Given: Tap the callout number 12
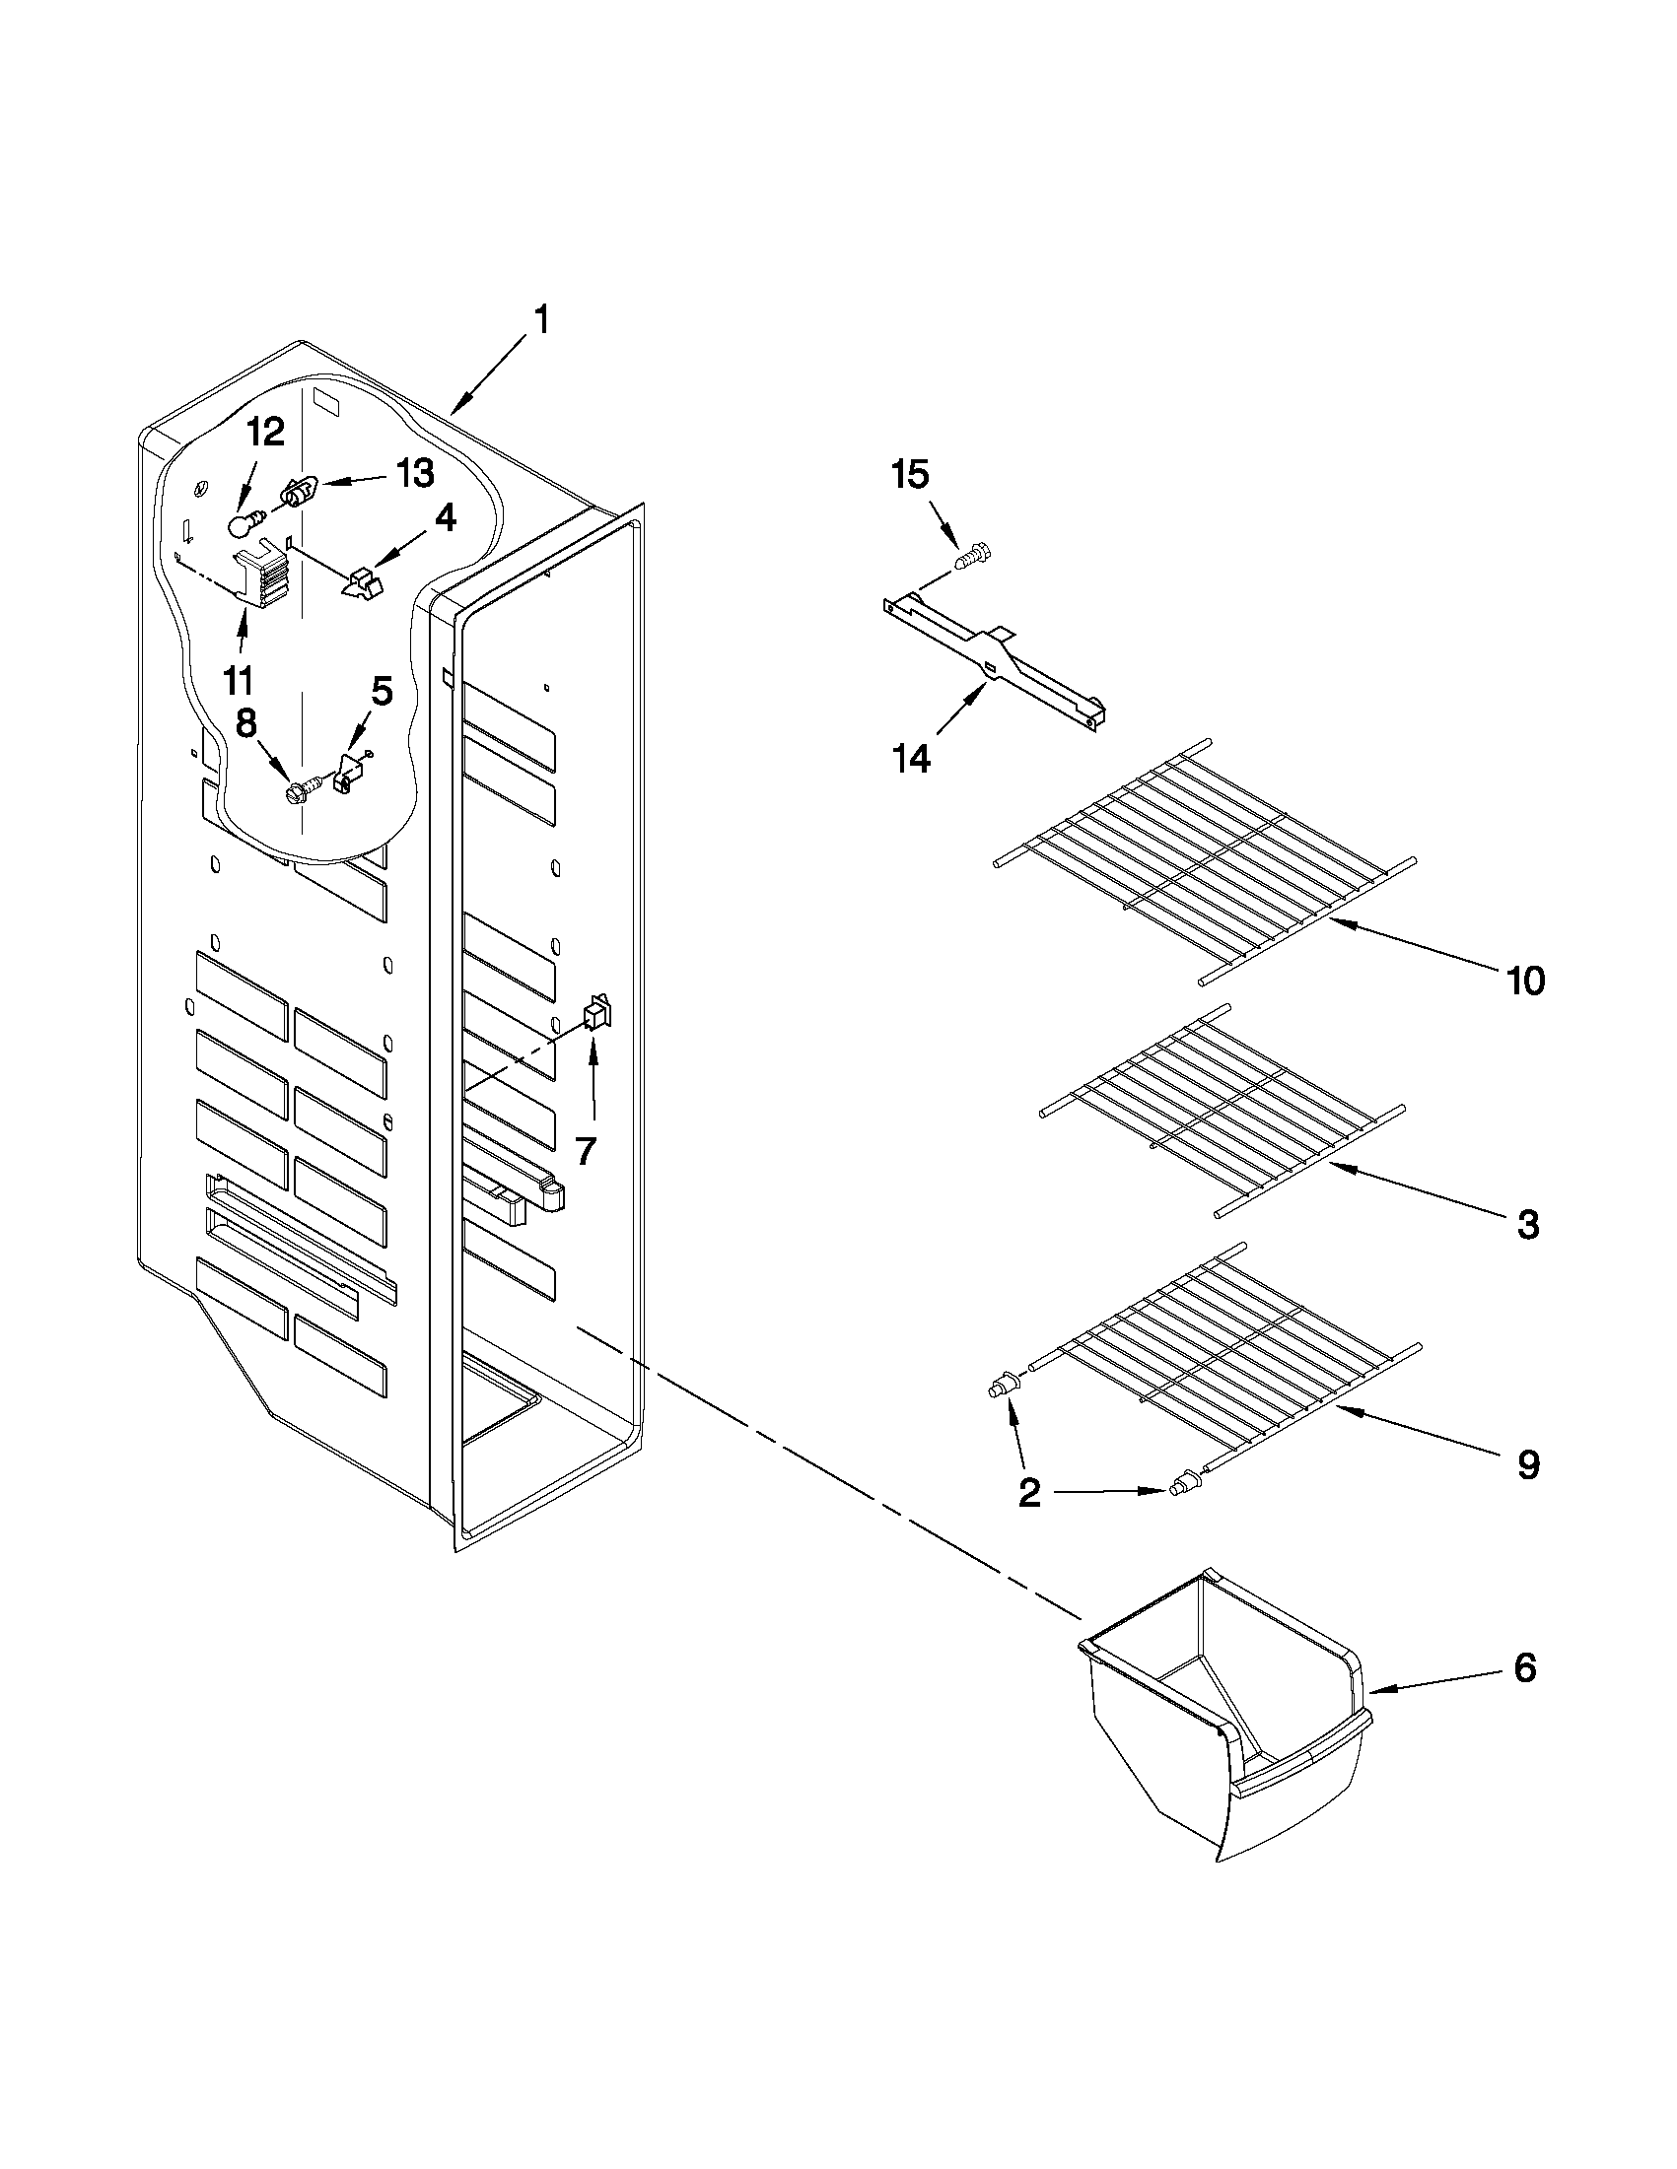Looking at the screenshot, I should click(x=265, y=433).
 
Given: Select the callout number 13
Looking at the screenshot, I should click(x=415, y=474).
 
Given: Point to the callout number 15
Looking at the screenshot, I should click(x=910, y=475).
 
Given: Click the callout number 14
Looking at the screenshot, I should click(x=911, y=759).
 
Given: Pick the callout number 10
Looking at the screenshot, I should click(x=1526, y=982).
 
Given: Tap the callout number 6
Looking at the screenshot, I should click(x=1525, y=1667).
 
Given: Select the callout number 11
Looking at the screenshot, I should click(x=239, y=680).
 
